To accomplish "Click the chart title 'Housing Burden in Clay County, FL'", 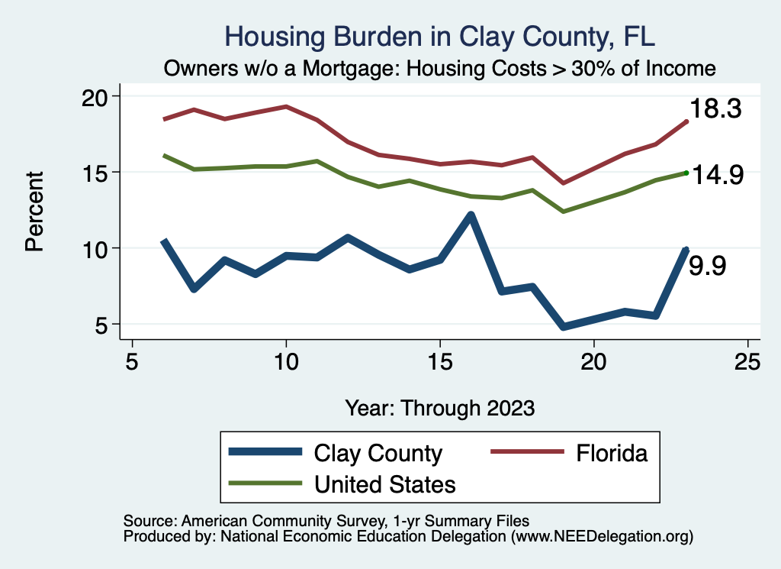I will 440,37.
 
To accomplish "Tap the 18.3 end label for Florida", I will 715,109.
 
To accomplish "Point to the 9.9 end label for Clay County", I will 707,266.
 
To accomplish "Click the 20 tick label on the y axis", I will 97,96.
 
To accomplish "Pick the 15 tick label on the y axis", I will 97,172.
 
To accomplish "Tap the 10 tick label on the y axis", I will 97,248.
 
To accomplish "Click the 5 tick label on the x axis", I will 133,361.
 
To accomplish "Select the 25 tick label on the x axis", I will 747,361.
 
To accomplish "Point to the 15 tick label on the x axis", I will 440,361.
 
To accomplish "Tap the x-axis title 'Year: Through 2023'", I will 439,407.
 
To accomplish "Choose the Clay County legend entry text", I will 378,453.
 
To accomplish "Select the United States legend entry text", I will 385,483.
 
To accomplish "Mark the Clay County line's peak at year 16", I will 471,215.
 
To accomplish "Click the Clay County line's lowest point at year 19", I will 563,327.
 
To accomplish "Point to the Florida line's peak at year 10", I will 286,106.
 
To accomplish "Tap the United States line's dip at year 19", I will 563,211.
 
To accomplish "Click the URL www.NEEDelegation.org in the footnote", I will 602,537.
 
